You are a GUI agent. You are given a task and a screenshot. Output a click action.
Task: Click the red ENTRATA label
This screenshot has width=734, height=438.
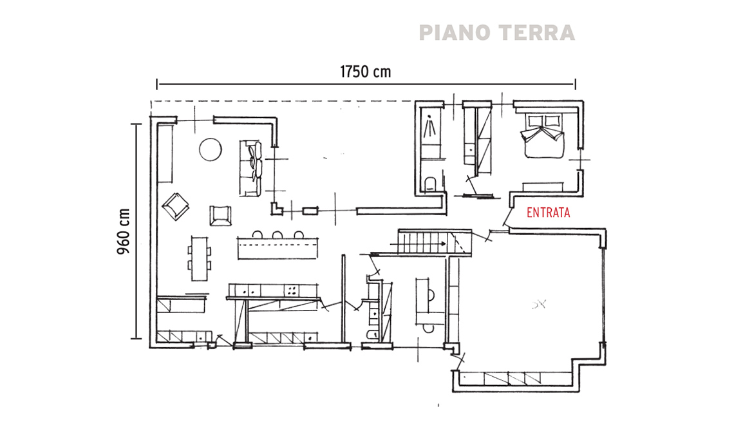coord(548,213)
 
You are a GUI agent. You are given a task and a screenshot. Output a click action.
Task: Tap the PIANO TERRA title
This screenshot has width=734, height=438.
coord(496,33)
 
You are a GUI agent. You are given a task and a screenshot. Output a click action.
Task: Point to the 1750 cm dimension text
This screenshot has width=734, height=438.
coord(365,71)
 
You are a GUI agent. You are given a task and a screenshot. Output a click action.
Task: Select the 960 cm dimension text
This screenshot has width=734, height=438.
coord(123,231)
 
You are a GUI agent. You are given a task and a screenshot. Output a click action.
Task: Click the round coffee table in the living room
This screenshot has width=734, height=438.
coord(211,150)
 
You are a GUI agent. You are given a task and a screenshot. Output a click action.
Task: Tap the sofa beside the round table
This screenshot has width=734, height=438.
coord(250,168)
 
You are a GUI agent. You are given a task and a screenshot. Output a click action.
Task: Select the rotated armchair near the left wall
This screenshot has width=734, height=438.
coord(176,206)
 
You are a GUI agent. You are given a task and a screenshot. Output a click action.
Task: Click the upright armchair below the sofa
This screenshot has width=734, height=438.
coord(220,216)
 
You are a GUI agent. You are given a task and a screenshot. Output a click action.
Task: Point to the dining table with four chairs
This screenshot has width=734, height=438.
coord(200,258)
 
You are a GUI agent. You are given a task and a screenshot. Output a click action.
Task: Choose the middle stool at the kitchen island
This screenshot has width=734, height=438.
coord(278,234)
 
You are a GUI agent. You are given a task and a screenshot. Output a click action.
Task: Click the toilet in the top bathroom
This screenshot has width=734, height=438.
coord(430,184)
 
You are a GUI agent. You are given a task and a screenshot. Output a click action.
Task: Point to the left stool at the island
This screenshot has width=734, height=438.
coord(257,234)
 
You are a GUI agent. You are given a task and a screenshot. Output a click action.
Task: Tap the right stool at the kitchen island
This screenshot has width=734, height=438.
coord(299,234)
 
